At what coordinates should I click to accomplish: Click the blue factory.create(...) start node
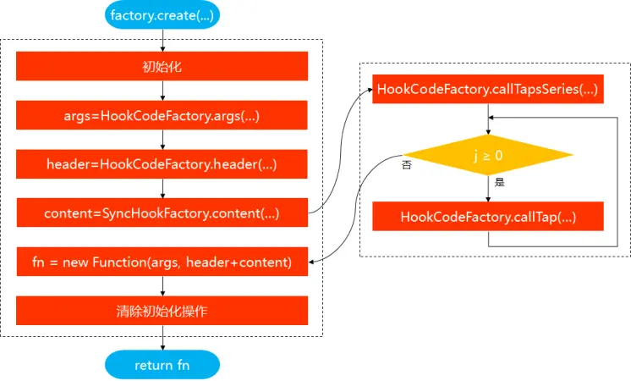pyautogui.click(x=162, y=15)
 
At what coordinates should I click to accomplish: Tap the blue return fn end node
pyautogui.click(x=162, y=365)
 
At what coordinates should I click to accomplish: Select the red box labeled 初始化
pyautogui.click(x=162, y=66)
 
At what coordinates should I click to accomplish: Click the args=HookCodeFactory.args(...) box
pyautogui.click(x=162, y=115)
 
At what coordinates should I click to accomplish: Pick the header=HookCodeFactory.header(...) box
pyautogui.click(x=162, y=164)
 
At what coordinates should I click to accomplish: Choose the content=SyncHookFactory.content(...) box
pyautogui.click(x=162, y=213)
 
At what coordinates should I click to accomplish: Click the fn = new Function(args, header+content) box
pyautogui.click(x=162, y=262)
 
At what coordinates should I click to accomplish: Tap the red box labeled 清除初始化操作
pyautogui.click(x=162, y=311)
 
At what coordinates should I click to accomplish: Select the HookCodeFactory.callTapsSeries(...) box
pyautogui.click(x=488, y=89)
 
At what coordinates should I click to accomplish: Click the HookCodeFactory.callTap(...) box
pyautogui.click(x=488, y=216)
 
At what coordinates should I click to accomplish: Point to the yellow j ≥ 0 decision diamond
pyautogui.click(x=488, y=155)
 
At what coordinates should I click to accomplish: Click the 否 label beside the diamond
pyautogui.click(x=407, y=165)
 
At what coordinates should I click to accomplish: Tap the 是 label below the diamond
pyautogui.click(x=499, y=182)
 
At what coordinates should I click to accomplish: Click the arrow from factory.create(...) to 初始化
pyautogui.click(x=162, y=41)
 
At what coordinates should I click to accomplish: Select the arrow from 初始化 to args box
pyautogui.click(x=162, y=91)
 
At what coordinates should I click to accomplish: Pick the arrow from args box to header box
pyautogui.click(x=162, y=140)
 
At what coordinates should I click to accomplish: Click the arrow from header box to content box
pyautogui.click(x=162, y=189)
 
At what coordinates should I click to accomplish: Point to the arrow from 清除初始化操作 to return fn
pyautogui.click(x=162, y=338)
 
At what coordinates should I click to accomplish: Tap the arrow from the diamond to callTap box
pyautogui.click(x=488, y=189)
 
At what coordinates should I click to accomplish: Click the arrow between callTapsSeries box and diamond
pyautogui.click(x=488, y=119)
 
